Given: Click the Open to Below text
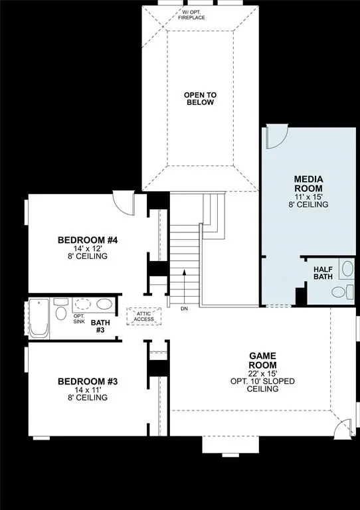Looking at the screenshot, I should click(x=200, y=99).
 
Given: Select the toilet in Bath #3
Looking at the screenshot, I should click(x=60, y=313).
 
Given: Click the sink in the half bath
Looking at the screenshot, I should click(x=347, y=269).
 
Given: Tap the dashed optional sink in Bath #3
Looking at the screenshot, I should click(x=83, y=305).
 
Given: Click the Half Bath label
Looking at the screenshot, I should click(x=323, y=272).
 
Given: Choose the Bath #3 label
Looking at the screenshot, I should click(x=101, y=326).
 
